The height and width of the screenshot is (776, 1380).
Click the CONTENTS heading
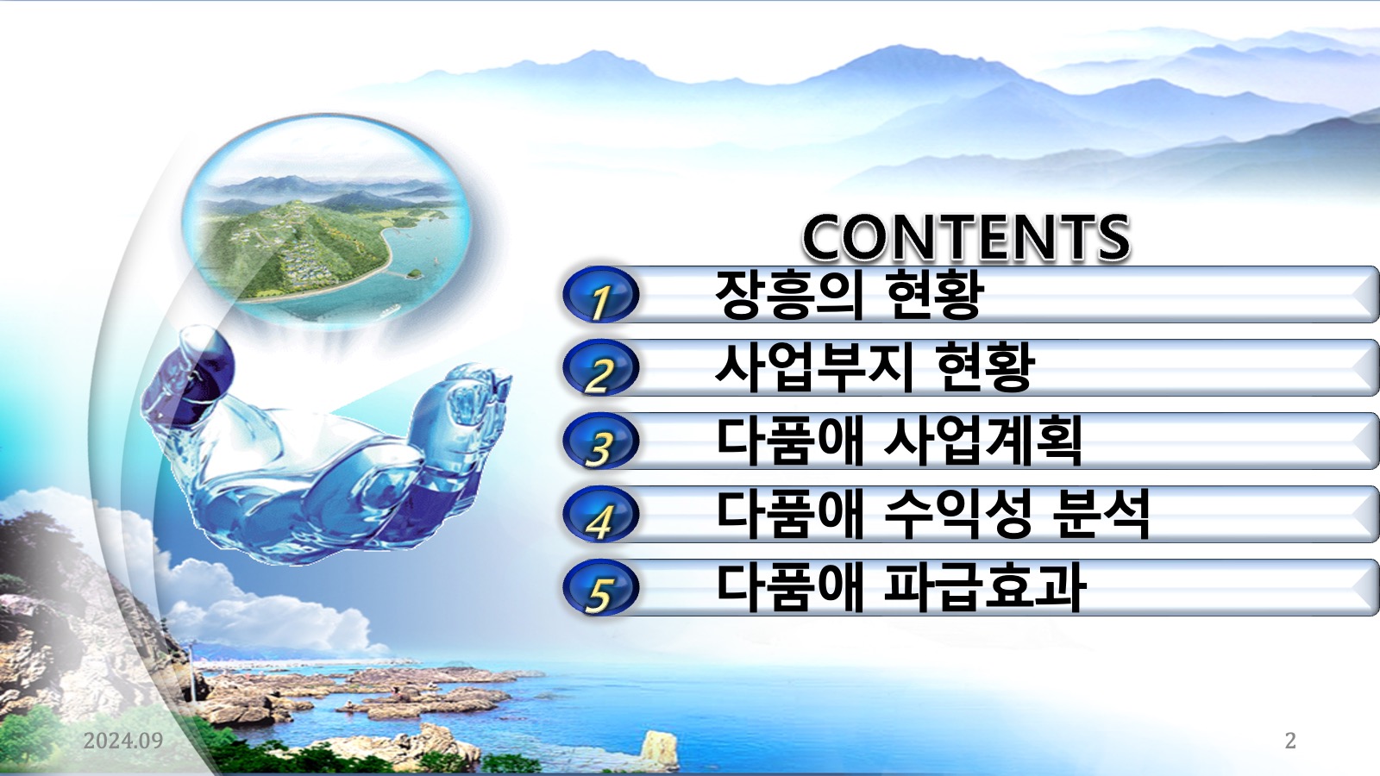pos(966,238)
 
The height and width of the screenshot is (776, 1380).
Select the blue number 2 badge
pos(600,368)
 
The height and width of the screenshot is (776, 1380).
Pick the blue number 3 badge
pos(600,441)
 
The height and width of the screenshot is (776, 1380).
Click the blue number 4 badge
pos(600,515)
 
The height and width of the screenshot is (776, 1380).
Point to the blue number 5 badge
pos(600,588)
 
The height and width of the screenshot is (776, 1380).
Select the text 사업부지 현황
pos(875,367)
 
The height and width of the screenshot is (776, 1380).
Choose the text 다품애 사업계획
pos(899,441)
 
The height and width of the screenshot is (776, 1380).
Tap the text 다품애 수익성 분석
pos(932,514)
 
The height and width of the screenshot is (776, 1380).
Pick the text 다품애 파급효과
pos(900,587)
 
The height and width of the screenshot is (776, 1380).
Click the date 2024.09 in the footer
pos(123,741)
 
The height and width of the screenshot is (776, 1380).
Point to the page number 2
pos(1290,741)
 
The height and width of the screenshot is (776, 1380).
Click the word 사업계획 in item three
pos(982,441)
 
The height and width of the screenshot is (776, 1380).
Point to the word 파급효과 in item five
pos(984,587)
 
